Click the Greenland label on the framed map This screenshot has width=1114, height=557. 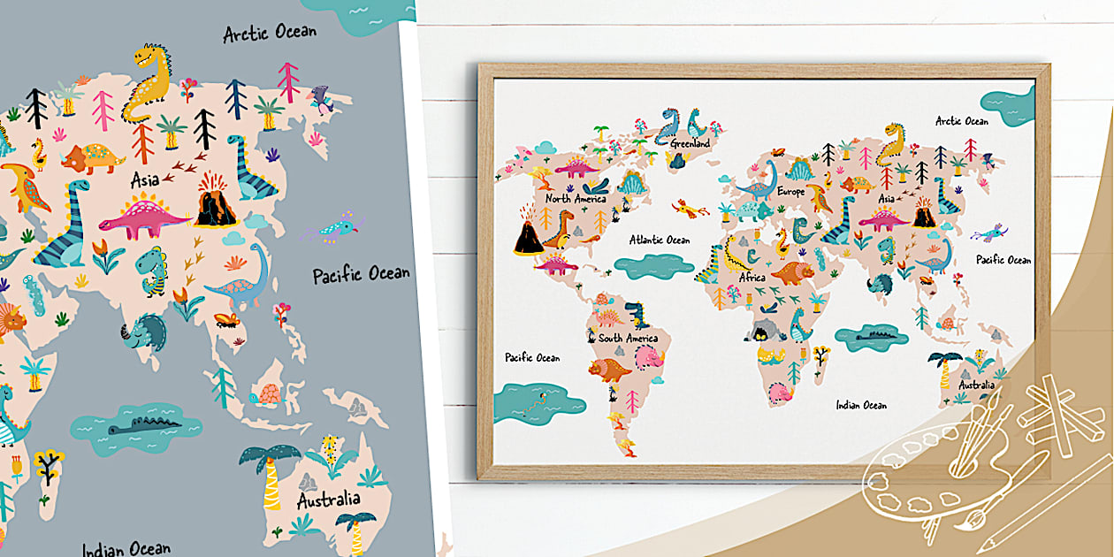(690, 143)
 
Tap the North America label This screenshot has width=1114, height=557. (576, 199)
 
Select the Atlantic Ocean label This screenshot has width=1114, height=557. (660, 240)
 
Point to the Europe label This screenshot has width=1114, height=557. (790, 191)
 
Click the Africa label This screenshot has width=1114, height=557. (752, 278)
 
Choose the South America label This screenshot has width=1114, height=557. (628, 339)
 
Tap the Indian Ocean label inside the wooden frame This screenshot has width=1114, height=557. (861, 405)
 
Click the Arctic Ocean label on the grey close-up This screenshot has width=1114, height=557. (270, 34)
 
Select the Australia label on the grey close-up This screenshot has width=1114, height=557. (328, 500)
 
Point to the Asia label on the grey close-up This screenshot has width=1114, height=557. (145, 180)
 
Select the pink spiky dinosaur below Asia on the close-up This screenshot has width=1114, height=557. (143, 217)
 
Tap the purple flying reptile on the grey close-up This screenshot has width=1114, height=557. (332, 227)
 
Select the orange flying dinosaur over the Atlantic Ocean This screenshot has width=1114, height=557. (690, 209)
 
